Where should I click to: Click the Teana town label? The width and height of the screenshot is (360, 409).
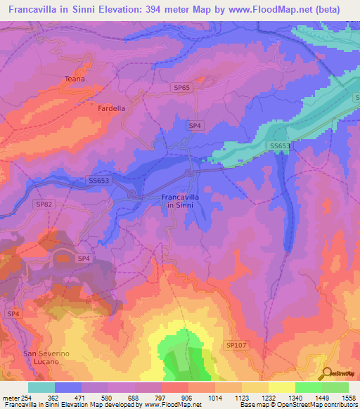click(x=75, y=79)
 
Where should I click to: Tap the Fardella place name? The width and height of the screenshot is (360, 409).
click(x=111, y=109)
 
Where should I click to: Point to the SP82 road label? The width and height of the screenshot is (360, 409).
click(x=44, y=204)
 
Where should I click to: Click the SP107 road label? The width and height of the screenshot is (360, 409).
click(x=236, y=344)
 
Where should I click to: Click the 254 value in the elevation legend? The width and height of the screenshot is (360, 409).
click(x=25, y=397)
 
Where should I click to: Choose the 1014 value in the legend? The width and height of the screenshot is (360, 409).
click(x=202, y=397)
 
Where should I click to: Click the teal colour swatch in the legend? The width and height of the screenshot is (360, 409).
click(x=41, y=387)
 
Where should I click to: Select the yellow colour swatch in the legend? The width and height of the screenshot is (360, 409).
click(x=281, y=387)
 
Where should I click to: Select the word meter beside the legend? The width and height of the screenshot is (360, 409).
click(x=10, y=397)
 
